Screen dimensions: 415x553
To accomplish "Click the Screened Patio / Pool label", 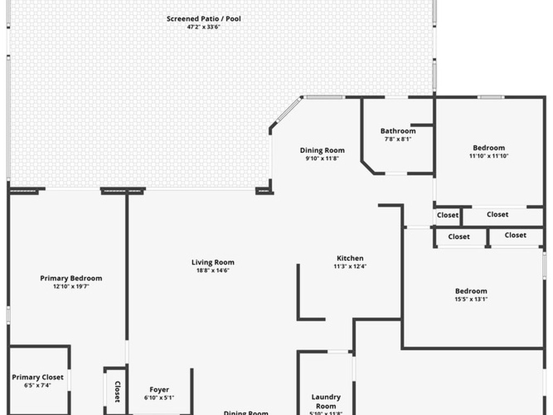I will pos(204,19).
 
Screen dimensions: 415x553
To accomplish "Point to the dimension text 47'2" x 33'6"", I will pos(204,26).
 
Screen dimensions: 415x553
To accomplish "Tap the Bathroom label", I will pos(398,131).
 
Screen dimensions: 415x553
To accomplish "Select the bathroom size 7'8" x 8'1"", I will pos(398,139).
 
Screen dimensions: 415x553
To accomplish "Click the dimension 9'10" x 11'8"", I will pos(322,158).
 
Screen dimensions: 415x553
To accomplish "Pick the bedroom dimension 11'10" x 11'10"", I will pos(489,156).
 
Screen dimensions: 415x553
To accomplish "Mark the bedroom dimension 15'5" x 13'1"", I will pos(471,299).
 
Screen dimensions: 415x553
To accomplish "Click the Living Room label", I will pos(213,263).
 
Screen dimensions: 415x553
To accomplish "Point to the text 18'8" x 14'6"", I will pos(213,271).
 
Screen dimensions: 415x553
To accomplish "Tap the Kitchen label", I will pos(350,258).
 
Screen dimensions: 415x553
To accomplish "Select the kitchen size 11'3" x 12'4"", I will pos(350,266).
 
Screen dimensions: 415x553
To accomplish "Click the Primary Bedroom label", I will pos(71,278).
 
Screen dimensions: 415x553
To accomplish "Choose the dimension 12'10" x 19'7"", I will pos(71,286).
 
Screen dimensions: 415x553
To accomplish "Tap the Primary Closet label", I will pos(37,377).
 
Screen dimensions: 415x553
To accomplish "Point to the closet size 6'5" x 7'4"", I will pos(37,385).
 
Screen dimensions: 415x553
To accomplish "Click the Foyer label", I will pos(159,390).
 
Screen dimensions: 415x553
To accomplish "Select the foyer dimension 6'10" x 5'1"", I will pos(159,398).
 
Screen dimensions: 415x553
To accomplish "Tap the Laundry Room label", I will pos(326,401).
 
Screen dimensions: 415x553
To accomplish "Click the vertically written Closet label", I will pos(117,392).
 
